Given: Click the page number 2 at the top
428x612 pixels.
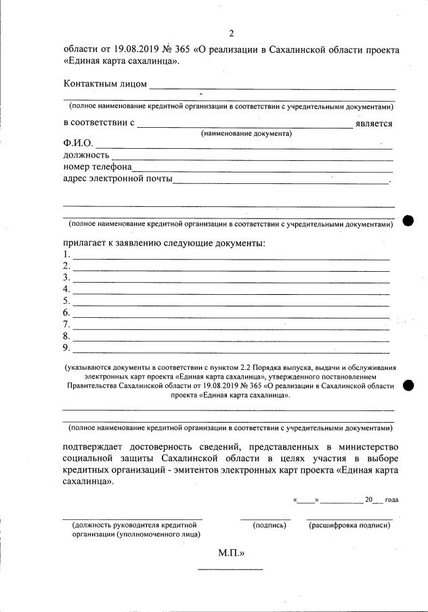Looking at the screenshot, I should (x=231, y=33).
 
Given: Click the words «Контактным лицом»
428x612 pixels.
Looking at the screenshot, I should (x=105, y=84).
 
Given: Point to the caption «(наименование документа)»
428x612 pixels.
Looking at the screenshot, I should (x=247, y=133).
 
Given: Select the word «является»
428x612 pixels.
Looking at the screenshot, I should (x=374, y=123).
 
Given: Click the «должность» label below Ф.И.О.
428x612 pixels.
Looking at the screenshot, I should (x=87, y=156).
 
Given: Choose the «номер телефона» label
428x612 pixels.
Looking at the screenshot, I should (x=98, y=167).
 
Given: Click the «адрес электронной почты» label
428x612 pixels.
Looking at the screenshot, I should (x=117, y=179).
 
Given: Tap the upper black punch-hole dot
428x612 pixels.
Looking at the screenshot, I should (x=408, y=220).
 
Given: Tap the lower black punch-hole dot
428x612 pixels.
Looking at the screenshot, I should (x=408, y=385).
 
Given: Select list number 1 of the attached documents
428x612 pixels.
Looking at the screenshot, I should (x=66, y=255).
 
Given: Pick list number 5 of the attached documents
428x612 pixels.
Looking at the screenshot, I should (x=66, y=301).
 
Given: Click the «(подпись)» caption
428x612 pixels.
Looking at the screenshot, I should (x=265, y=525).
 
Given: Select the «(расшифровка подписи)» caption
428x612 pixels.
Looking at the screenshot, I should (x=349, y=525).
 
